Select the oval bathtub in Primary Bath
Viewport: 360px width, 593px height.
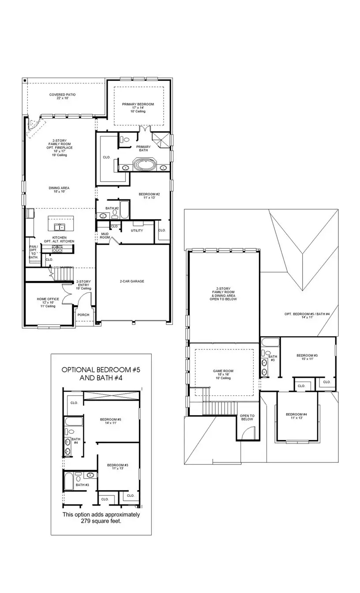coord(145,166)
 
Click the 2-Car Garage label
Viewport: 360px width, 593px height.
coord(132,281)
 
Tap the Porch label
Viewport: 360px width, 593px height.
coord(83,315)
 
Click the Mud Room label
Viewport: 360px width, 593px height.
coord(105,236)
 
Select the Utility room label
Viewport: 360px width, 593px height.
coord(137,231)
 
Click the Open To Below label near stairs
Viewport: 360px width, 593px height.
coord(247,417)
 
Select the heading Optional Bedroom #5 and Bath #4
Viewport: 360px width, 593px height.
coord(101,374)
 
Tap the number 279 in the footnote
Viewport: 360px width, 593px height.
coord(88,521)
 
